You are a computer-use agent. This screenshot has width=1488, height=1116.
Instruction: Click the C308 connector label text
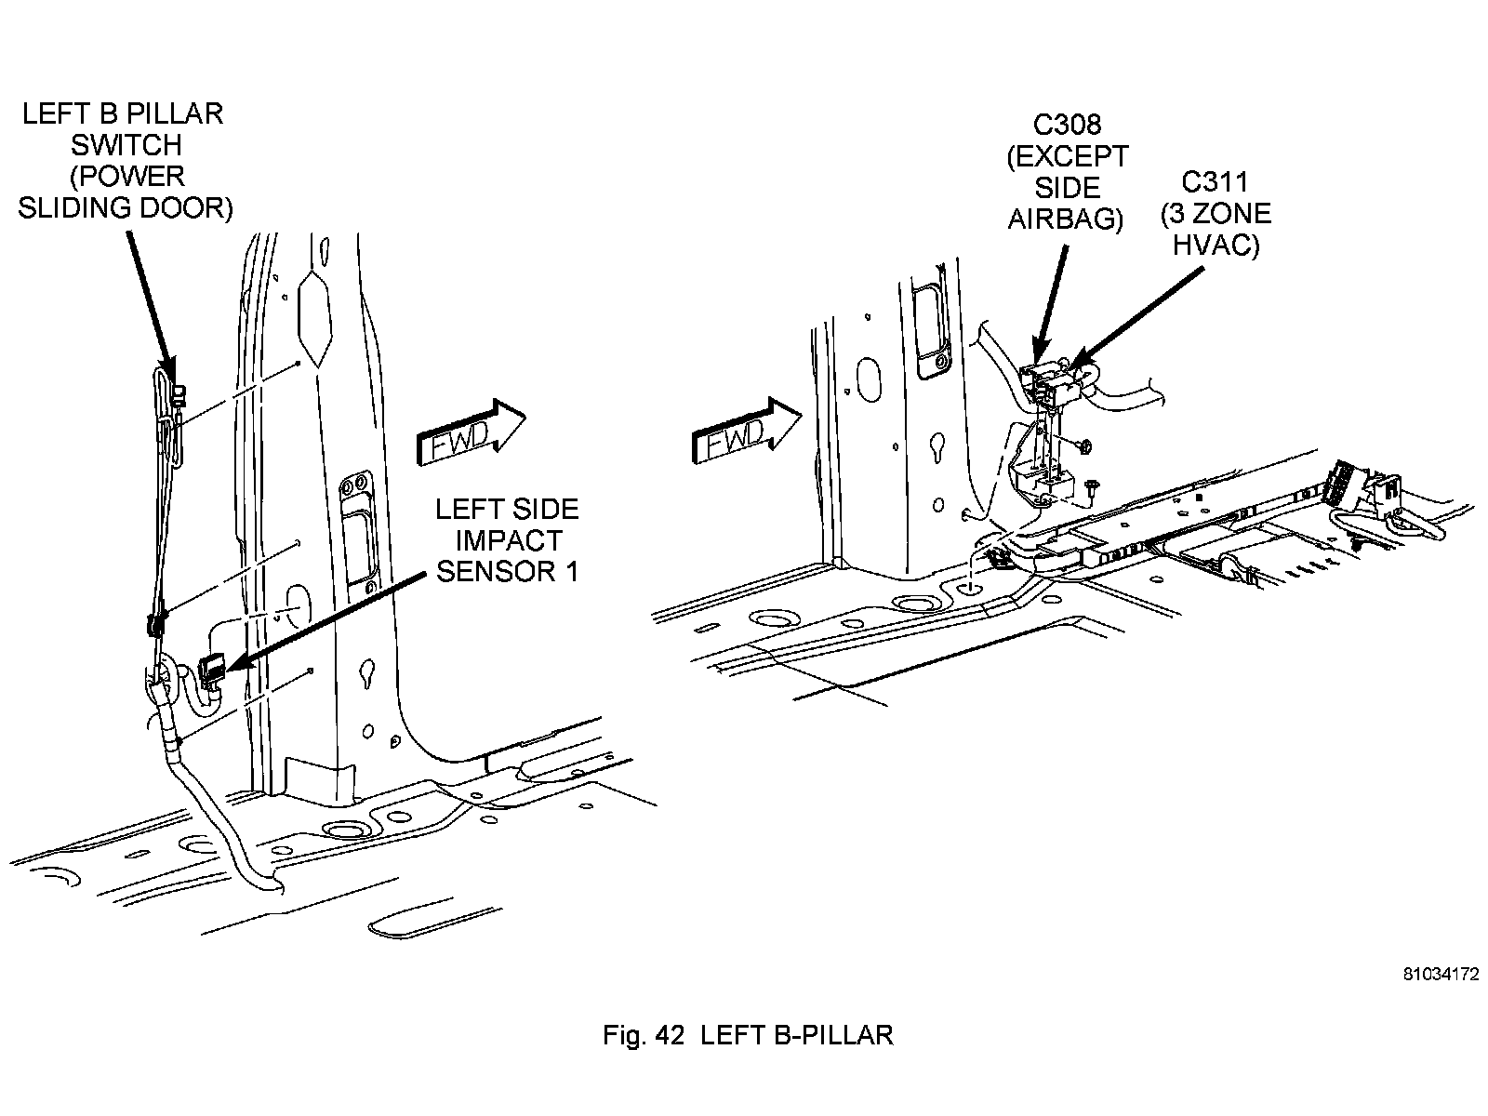pos(1067,125)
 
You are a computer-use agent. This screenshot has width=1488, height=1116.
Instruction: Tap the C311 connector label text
pos(1215,181)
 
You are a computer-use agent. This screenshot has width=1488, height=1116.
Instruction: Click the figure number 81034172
pos(1441,975)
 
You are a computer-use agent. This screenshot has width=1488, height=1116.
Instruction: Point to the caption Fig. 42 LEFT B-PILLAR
pos(748,1035)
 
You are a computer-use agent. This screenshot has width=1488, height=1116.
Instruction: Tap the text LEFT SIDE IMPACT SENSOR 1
pos(507,540)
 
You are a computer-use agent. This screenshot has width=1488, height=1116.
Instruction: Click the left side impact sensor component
pos(213,669)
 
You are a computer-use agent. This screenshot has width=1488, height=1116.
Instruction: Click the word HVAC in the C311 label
pos(1216,245)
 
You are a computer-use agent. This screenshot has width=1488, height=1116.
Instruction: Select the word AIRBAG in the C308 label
pos(1067,219)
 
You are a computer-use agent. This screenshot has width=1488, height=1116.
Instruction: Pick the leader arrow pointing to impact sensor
pos(325,619)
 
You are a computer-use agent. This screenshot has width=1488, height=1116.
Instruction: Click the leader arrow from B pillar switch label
pos(149,298)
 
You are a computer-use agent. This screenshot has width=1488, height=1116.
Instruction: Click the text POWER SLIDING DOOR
pos(126,193)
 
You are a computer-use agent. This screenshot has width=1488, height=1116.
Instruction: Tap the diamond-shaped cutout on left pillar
pos(314,317)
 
